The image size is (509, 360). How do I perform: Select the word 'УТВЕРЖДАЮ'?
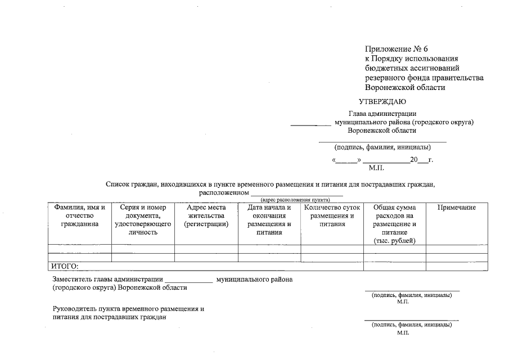(382, 102)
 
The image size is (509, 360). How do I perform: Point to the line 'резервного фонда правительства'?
(424, 78)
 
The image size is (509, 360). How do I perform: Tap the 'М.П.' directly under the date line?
(376, 168)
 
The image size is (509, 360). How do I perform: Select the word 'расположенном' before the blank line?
(224, 192)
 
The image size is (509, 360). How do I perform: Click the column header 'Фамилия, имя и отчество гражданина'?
(79, 216)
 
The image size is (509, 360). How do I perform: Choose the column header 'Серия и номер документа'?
(143, 220)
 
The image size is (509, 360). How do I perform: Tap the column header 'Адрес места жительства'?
(206, 216)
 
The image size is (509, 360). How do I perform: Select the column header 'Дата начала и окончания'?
(269, 220)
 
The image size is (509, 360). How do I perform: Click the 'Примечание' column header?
(456, 208)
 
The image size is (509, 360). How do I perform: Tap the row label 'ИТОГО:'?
(65, 266)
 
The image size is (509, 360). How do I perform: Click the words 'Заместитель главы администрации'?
(107, 279)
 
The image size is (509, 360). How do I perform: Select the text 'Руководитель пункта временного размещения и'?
(127, 309)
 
